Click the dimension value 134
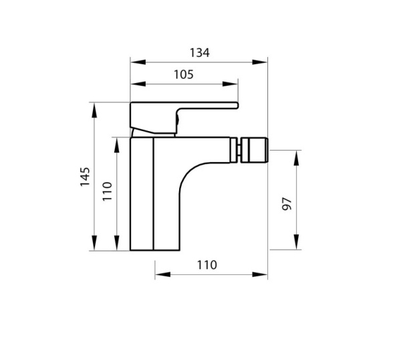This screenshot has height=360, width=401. click(199, 52)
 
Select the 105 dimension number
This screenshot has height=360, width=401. click(182, 74)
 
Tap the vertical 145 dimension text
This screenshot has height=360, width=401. click(86, 177)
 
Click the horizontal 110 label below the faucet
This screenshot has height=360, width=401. click(207, 265)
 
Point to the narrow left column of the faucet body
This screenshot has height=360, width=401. click(142, 194)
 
